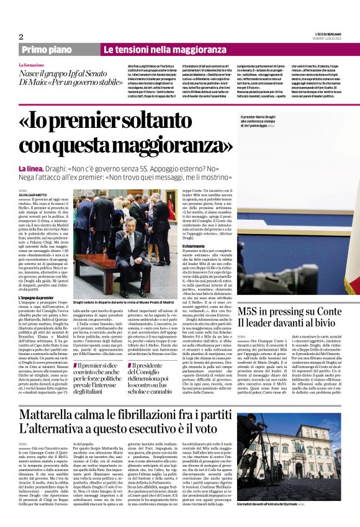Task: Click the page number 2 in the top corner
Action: [x=21, y=37]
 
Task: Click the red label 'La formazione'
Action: [x=32, y=65]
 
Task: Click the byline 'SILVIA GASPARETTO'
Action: [x=34, y=196]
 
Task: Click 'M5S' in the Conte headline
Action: [x=254, y=311]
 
